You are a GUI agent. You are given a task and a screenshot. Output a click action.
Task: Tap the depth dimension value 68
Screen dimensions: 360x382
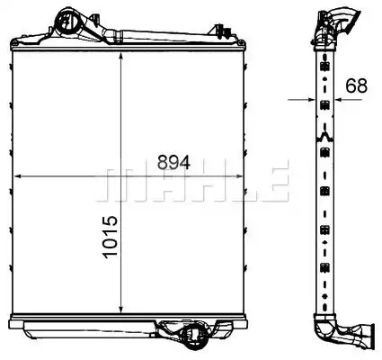click(357, 85)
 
